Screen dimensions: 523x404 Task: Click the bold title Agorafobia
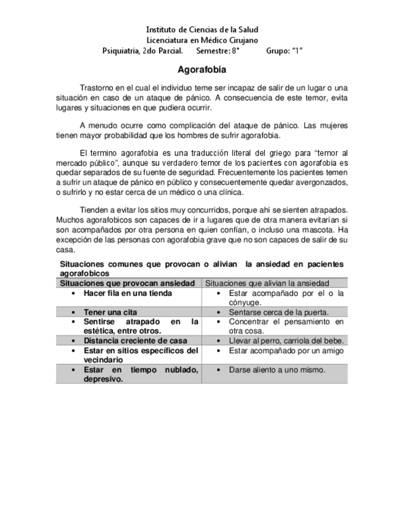tap(201, 70)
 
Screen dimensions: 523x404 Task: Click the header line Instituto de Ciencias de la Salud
tap(202, 30)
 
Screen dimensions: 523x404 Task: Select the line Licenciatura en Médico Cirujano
tap(202, 40)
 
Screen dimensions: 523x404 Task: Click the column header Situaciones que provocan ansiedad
tap(128, 283)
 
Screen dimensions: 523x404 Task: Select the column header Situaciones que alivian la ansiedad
tap(267, 283)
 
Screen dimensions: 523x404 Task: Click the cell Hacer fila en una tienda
tap(128, 293)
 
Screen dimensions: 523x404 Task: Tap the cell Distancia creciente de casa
tap(135, 340)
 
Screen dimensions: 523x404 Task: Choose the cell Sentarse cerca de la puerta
tap(278, 312)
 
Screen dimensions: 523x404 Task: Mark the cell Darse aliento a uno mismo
tap(276, 369)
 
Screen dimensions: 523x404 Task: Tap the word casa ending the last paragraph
tap(65, 250)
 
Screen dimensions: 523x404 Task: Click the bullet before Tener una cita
tap(74, 313)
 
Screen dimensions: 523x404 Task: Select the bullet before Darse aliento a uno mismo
tap(220, 370)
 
